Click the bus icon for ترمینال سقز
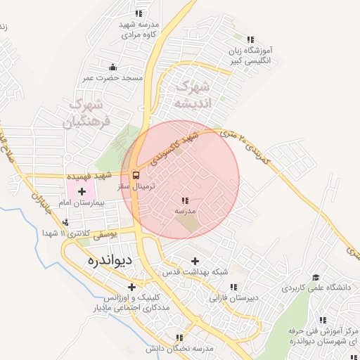pyautogui.click(x=135, y=175)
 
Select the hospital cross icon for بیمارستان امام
pyautogui.click(x=82, y=191)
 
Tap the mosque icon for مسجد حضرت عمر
pyautogui.click(x=113, y=67)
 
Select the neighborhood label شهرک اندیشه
pyautogui.click(x=191, y=95)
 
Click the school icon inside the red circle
pyautogui.click(x=185, y=201)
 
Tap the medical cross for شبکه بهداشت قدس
pyautogui.click(x=195, y=262)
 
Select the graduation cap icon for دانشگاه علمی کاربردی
pyautogui.click(x=316, y=277)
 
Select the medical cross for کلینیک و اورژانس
pyautogui.click(x=131, y=286)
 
